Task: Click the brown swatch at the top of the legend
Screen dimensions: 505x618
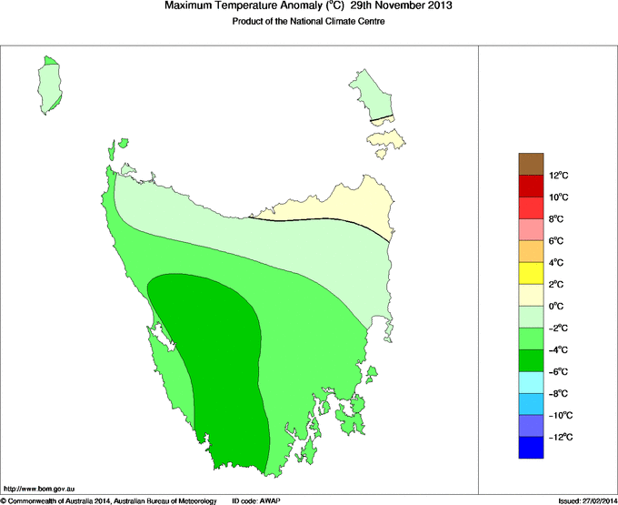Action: (532, 164)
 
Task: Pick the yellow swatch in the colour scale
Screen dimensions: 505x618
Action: (532, 272)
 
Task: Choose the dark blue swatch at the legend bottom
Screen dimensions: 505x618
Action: (532, 447)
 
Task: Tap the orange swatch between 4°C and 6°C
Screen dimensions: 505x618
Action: (532, 250)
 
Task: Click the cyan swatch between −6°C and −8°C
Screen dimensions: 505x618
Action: (532, 381)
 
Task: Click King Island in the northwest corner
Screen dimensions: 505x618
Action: (51, 84)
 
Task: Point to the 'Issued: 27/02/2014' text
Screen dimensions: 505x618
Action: (585, 500)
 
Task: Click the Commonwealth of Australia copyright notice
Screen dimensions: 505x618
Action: (109, 500)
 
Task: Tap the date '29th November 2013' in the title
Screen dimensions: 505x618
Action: (396, 6)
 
